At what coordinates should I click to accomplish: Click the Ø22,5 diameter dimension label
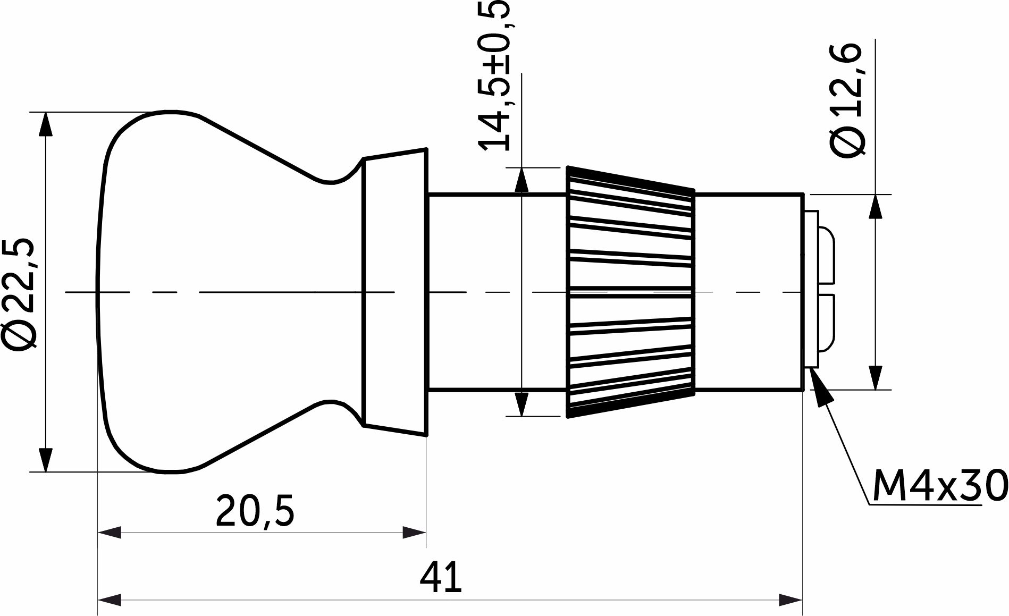pos(20,294)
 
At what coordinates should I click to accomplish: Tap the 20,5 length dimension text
pos(255,510)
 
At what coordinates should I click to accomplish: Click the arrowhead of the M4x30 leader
pos(819,386)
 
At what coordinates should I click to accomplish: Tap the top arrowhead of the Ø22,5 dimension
pos(46,125)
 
